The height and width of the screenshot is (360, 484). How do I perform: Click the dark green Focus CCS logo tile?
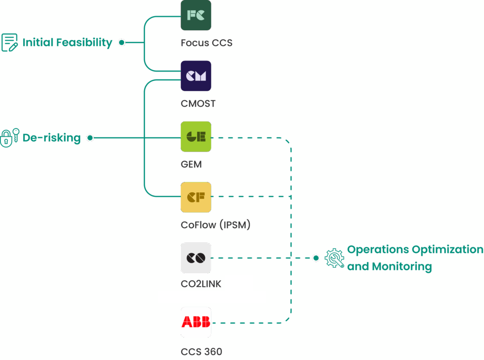tap(196, 15)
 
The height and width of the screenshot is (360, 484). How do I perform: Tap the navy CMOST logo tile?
tap(196, 76)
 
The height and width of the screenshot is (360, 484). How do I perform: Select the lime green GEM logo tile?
tap(196, 137)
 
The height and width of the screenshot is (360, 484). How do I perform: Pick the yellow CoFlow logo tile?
tap(196, 197)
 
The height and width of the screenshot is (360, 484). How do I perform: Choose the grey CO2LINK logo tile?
tap(196, 258)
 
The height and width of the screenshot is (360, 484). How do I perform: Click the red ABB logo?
tap(196, 322)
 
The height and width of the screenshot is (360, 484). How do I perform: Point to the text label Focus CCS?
tap(207, 43)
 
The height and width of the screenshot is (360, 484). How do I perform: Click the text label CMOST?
tap(198, 103)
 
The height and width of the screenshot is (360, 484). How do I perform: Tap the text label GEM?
tap(191, 164)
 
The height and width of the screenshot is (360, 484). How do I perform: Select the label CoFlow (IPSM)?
tap(216, 225)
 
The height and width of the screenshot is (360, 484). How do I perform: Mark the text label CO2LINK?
tap(201, 284)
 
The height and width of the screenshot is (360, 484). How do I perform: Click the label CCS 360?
tap(201, 351)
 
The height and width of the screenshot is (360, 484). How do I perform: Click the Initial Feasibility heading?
tap(67, 43)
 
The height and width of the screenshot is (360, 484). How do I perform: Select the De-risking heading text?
tap(52, 138)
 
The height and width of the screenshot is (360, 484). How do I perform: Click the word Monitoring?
tap(402, 266)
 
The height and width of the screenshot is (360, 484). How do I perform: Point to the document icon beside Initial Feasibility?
tap(9, 43)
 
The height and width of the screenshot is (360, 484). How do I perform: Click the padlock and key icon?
tap(9, 137)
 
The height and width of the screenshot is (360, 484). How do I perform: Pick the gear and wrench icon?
tap(334, 258)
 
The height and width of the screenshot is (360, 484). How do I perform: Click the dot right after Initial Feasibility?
tap(121, 43)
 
